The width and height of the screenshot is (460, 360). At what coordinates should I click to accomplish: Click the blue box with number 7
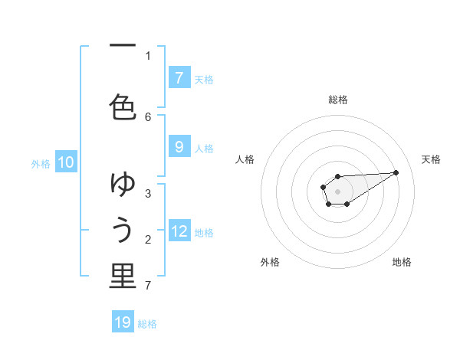coord(179,78)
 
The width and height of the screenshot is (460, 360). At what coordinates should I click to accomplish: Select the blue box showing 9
coord(179,148)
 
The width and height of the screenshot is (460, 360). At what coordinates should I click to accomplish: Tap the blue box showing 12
coord(179,231)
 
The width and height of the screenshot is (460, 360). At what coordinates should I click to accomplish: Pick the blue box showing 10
coord(66,162)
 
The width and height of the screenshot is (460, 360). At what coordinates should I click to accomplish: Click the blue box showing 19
coord(123,322)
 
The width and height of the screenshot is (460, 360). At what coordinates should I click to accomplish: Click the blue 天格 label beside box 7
coord(204,79)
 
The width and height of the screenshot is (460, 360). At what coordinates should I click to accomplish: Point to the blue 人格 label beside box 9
coord(204,149)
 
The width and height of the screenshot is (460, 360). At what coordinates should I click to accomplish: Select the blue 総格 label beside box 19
coord(147,324)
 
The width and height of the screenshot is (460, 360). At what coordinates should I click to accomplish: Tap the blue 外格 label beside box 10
coord(41,163)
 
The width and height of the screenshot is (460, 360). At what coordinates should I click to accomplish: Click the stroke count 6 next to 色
coord(148,116)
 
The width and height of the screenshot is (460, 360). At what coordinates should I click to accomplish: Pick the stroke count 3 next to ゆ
coord(148,193)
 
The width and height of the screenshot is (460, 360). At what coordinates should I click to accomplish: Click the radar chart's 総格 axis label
coord(338,100)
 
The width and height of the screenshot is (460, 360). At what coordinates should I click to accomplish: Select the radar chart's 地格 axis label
coord(402,262)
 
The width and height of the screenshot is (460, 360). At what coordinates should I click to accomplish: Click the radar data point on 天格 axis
coord(396,172)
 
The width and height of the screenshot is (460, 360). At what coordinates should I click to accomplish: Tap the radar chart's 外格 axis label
coord(270,262)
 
